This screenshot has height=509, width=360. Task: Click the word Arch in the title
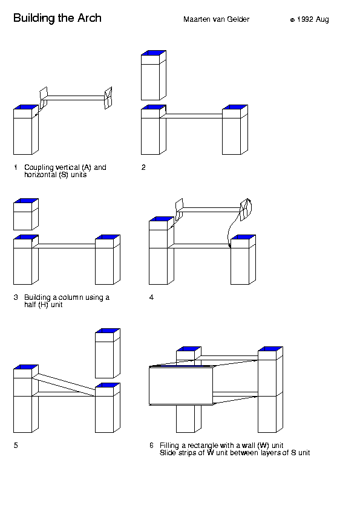pyautogui.click(x=90, y=18)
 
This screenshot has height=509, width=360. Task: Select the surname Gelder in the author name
pyautogui.click(x=238, y=19)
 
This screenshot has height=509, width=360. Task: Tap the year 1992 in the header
pyautogui.click(x=305, y=19)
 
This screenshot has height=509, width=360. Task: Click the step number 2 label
pyautogui.click(x=143, y=167)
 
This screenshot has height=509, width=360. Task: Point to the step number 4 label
pyautogui.click(x=151, y=297)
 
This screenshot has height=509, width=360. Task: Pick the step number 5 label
pyautogui.click(x=16, y=446)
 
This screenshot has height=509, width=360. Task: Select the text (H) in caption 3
pyautogui.click(x=43, y=305)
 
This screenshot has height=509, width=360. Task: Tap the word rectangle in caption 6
pyautogui.click(x=203, y=446)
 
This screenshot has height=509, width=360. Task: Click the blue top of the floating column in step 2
pyautogui.click(x=153, y=53)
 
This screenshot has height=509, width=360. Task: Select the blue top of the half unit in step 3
pyautogui.click(x=25, y=201)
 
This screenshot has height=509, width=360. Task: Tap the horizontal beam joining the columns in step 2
pyautogui.click(x=194, y=116)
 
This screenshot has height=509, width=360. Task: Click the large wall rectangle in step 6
pyautogui.click(x=181, y=386)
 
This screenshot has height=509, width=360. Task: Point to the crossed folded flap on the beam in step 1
pyautogui.click(x=108, y=98)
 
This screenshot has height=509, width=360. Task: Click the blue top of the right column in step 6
pyautogui.click(x=270, y=349)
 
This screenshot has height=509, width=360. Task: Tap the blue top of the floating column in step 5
pyautogui.click(x=108, y=331)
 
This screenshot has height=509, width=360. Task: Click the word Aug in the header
pyautogui.click(x=322, y=20)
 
